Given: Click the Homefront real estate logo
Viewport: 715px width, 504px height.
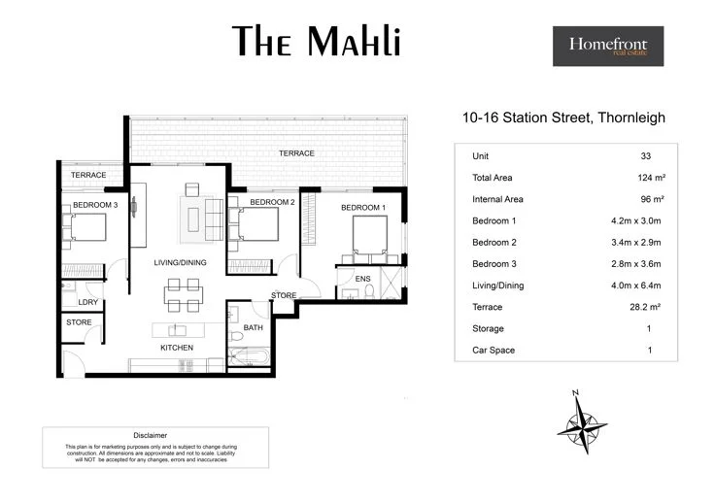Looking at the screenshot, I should coord(608,46).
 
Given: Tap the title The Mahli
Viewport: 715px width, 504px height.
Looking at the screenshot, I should coord(317,42).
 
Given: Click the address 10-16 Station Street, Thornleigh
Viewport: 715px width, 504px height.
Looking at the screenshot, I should coord(563,119).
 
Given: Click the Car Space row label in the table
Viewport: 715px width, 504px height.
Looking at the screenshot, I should coord(493,350).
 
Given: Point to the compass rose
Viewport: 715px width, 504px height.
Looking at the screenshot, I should coord(581,419).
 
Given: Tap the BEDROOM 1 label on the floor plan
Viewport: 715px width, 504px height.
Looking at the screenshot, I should coord(362,208).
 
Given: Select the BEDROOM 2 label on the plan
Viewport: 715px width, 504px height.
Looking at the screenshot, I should coord(271,202).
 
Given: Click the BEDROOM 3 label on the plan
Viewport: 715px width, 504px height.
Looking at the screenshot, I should coord(95,205).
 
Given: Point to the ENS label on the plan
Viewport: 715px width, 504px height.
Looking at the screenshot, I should coord(363,279).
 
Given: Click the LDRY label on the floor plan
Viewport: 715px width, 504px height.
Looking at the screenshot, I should coord(75,301).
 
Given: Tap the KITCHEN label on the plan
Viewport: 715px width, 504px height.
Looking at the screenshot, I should coord(177,348).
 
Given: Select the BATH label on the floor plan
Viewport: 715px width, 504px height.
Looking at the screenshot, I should coord(254,327).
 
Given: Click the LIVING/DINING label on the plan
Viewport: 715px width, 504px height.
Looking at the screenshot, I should coord(182,263).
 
